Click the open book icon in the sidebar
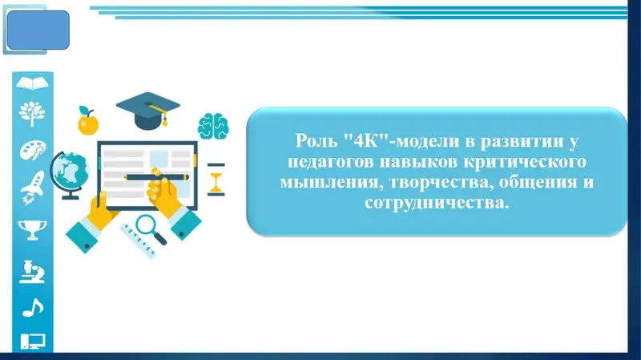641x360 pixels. coord(32,83)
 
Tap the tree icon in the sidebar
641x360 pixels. coord(32,114)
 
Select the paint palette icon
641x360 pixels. coord(33,150)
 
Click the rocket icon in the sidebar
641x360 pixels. coord(33,188)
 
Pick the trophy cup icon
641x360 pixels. coord(32,230)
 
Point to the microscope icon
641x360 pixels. coord(32,272)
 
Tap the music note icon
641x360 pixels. coord(33,308)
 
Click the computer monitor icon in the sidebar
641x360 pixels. coord(32,342)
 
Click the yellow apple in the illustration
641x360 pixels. coord(88,121)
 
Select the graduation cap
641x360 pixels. coord(148,111)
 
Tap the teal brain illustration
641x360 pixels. coord(213,126)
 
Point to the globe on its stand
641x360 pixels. coord(70,175)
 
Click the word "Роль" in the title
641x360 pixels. coord(316,141)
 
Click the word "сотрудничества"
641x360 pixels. coord(437,202)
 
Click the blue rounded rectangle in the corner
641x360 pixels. coord(38,30)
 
